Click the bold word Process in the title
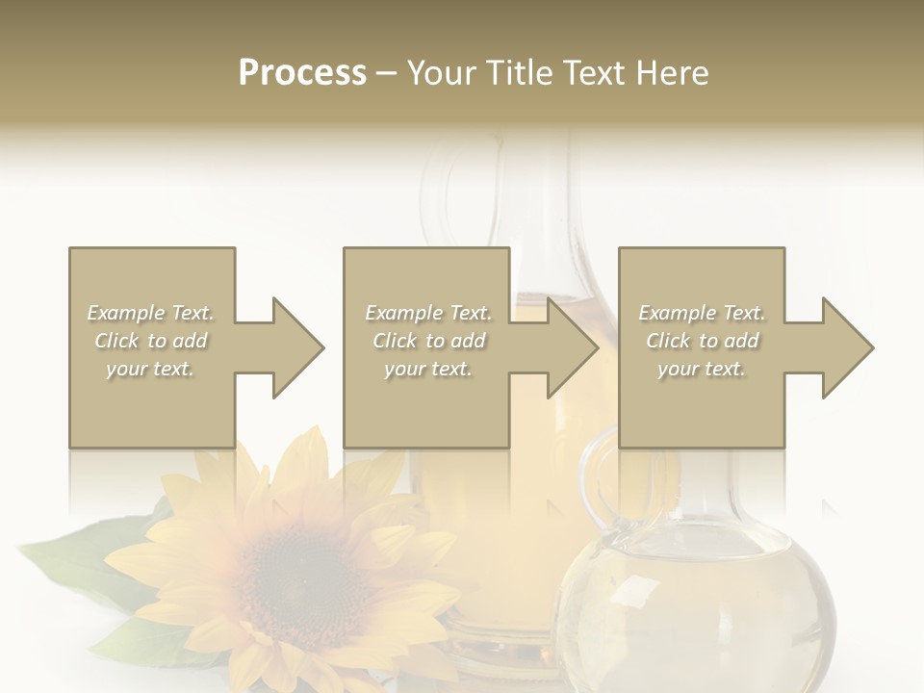pos(302,73)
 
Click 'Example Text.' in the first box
pos(150,313)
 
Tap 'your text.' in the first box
pos(150,369)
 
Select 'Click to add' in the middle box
pos(428,341)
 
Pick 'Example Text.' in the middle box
pos(428,313)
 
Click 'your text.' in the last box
pos(702,369)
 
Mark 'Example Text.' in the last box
pos(702,313)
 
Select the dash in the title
pos(387,73)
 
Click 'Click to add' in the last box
pos(702,341)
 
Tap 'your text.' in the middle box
pos(428,369)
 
